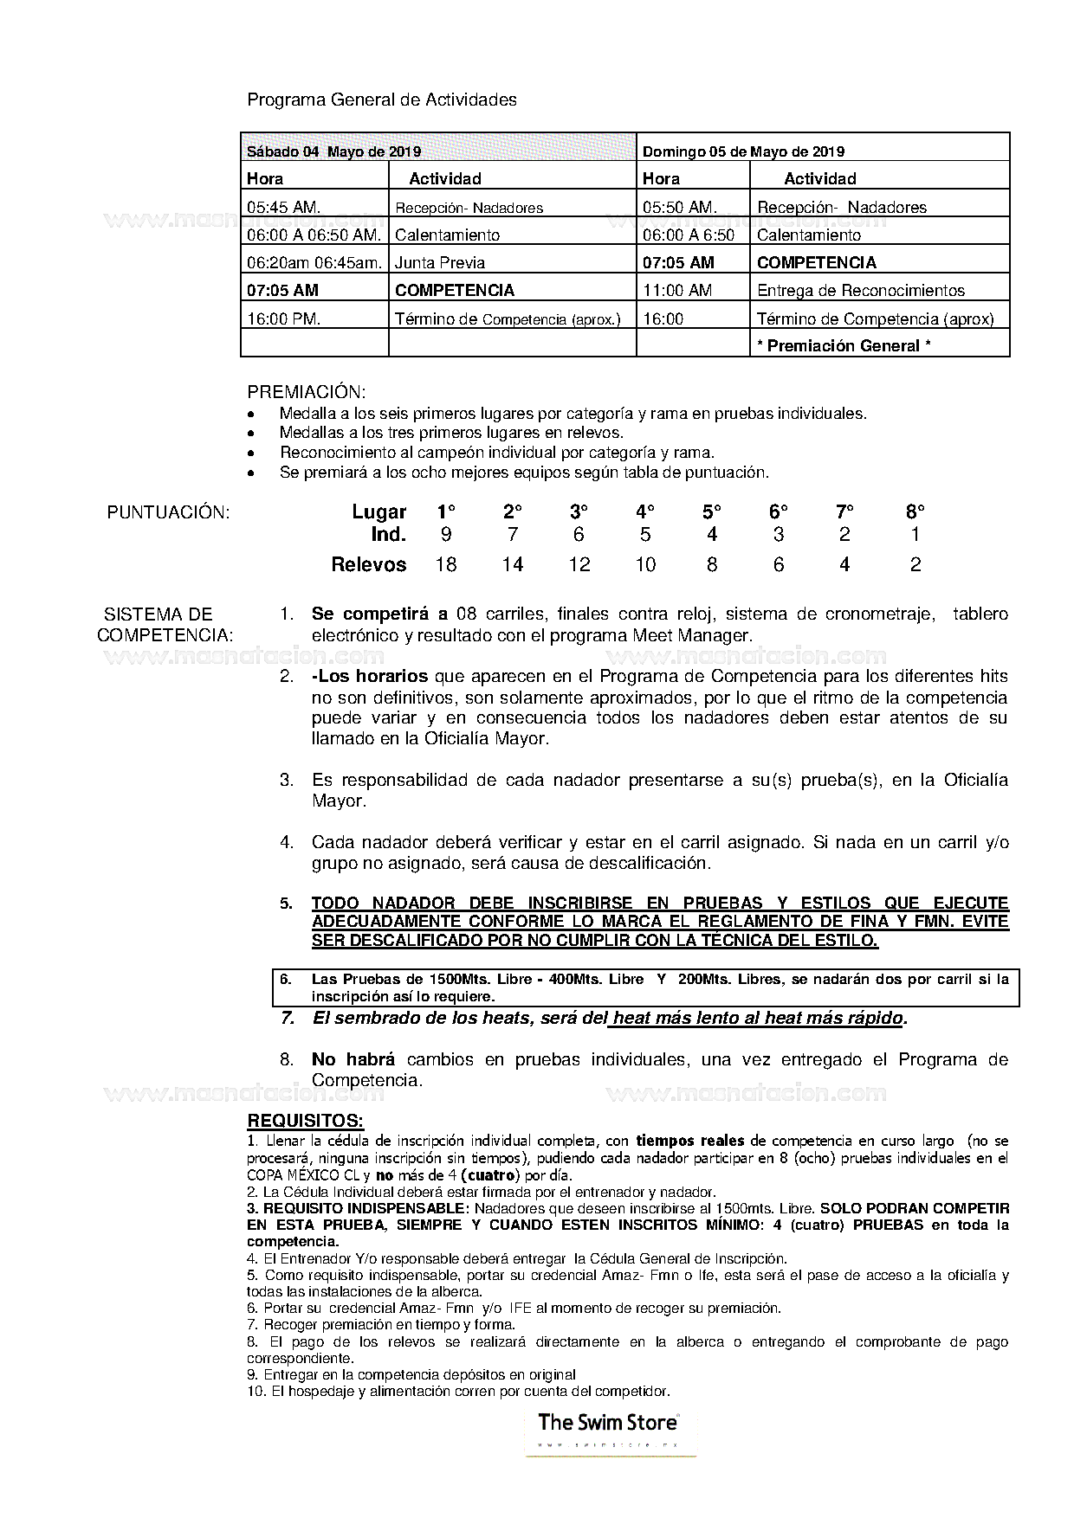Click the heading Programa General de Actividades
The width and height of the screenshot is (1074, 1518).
click(382, 100)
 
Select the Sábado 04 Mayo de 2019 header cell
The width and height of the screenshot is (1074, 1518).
click(334, 151)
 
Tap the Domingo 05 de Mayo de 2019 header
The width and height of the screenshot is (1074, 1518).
click(743, 151)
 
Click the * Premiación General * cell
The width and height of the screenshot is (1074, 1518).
click(844, 346)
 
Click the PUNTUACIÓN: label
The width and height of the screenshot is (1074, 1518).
click(168, 512)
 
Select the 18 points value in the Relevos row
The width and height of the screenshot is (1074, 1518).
click(446, 565)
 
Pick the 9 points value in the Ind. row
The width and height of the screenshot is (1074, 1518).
click(446, 535)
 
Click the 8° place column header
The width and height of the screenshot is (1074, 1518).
click(915, 511)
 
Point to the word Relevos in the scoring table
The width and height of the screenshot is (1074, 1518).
click(369, 565)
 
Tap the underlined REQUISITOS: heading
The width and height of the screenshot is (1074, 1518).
click(305, 1122)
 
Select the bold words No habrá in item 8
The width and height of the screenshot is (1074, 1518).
click(353, 1060)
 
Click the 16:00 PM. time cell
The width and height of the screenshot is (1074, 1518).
click(284, 319)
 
